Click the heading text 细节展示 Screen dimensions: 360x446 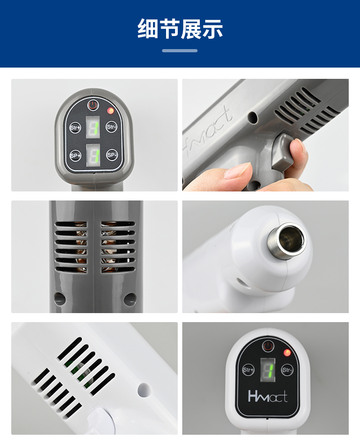(180, 29)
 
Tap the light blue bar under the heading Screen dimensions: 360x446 (180, 50)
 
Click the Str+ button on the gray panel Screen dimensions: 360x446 (75, 127)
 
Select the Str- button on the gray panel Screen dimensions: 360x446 (112, 127)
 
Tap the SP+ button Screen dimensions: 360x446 (75, 155)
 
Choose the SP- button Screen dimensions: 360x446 (112, 155)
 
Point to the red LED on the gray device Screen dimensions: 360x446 (110, 111)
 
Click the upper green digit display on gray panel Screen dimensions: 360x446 (93, 127)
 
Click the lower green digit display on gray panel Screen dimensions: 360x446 (93, 155)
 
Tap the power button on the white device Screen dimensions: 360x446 (268, 346)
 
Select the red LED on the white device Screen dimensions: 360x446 (287, 353)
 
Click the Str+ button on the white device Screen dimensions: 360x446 (248, 370)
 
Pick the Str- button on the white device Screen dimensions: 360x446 (287, 370)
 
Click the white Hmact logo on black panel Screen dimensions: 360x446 (268, 396)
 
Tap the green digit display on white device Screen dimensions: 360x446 (268, 370)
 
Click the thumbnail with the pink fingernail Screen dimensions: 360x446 (265, 135)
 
